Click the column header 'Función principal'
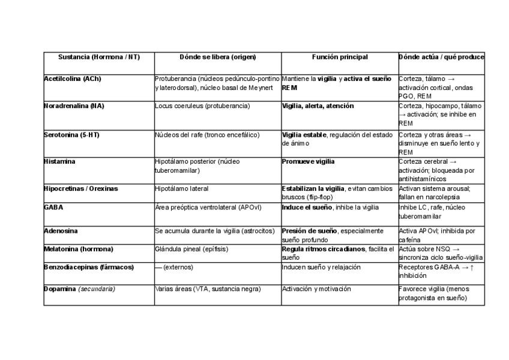tap(340, 57)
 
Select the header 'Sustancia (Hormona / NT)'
tap(99, 57)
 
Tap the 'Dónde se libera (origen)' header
tap(217, 57)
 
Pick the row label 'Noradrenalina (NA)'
tap(74, 106)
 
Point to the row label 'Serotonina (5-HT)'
tap(71, 135)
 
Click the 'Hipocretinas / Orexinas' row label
tap(81, 188)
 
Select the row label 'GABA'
tap(53, 208)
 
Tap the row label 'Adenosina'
tap(61, 231)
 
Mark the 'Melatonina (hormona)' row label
tap(79, 249)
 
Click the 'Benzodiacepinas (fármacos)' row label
tap(89, 267)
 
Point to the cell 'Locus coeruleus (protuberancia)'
tap(202, 106)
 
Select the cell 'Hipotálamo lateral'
tap(182, 188)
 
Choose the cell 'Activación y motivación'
tap(316, 289)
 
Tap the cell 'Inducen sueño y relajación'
tap(321, 267)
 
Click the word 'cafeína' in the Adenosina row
tap(410, 239)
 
